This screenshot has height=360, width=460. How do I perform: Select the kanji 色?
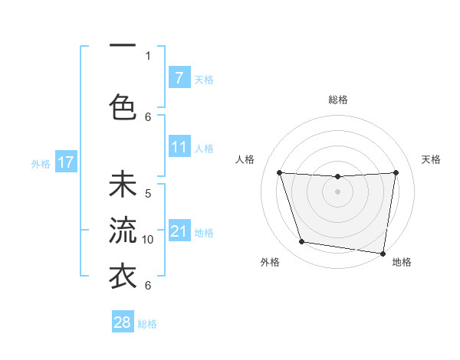coord(123,105)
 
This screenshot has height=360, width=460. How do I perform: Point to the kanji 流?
coord(123,229)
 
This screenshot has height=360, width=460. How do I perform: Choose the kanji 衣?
coord(123,274)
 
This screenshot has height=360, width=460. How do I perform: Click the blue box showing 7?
coord(179,77)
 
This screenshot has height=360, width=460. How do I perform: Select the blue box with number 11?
coord(179,147)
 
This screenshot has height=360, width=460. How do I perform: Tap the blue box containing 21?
coord(179,231)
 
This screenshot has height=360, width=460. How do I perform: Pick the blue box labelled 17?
coord(65,162)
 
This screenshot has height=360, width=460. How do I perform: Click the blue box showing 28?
coord(122,322)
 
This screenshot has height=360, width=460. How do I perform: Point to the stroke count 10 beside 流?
coord(148,240)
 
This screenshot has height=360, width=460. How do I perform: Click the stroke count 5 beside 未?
coord(148,194)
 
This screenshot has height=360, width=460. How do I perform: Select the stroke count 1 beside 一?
coord(148,55)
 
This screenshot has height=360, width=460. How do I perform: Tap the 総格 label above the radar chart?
coord(338,100)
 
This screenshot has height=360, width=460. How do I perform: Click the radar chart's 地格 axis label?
coord(402,262)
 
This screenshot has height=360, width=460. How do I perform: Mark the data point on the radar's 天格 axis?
coord(396,172)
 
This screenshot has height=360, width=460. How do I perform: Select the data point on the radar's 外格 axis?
coord(302,242)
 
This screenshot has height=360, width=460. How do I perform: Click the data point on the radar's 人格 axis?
coord(279,172)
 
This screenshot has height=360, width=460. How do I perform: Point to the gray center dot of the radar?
coord(337,191)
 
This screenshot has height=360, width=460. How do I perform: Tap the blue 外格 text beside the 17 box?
coord(41,163)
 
